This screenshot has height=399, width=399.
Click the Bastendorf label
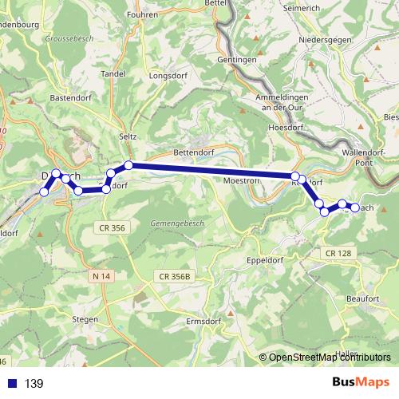pos(73,97)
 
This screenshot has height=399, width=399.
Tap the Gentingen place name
pos(236,60)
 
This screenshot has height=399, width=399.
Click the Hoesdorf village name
pos(287,127)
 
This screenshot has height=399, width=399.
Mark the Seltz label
pos(128,136)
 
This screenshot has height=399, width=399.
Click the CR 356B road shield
pos(175,276)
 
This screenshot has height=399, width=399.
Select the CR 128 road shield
pos(338,253)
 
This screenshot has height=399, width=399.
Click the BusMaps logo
pos(361,383)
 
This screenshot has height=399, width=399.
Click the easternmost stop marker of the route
pos(355,208)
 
